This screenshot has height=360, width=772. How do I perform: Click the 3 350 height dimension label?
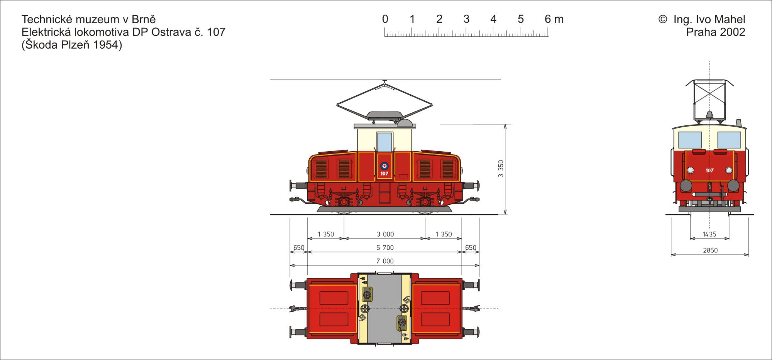pos(501,169)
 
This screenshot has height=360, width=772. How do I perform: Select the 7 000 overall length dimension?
pos(385,261)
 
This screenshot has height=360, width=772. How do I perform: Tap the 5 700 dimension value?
pos(385,248)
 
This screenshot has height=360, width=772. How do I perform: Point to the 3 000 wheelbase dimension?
pos(385,234)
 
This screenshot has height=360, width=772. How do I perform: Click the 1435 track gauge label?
pos(709,234)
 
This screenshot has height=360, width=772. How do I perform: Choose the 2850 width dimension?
pos(710,250)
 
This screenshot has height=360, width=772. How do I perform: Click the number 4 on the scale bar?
pos(493,19)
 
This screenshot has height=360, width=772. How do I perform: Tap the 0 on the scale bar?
pos(385,19)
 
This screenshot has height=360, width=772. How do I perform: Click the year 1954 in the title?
pos(106,45)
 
